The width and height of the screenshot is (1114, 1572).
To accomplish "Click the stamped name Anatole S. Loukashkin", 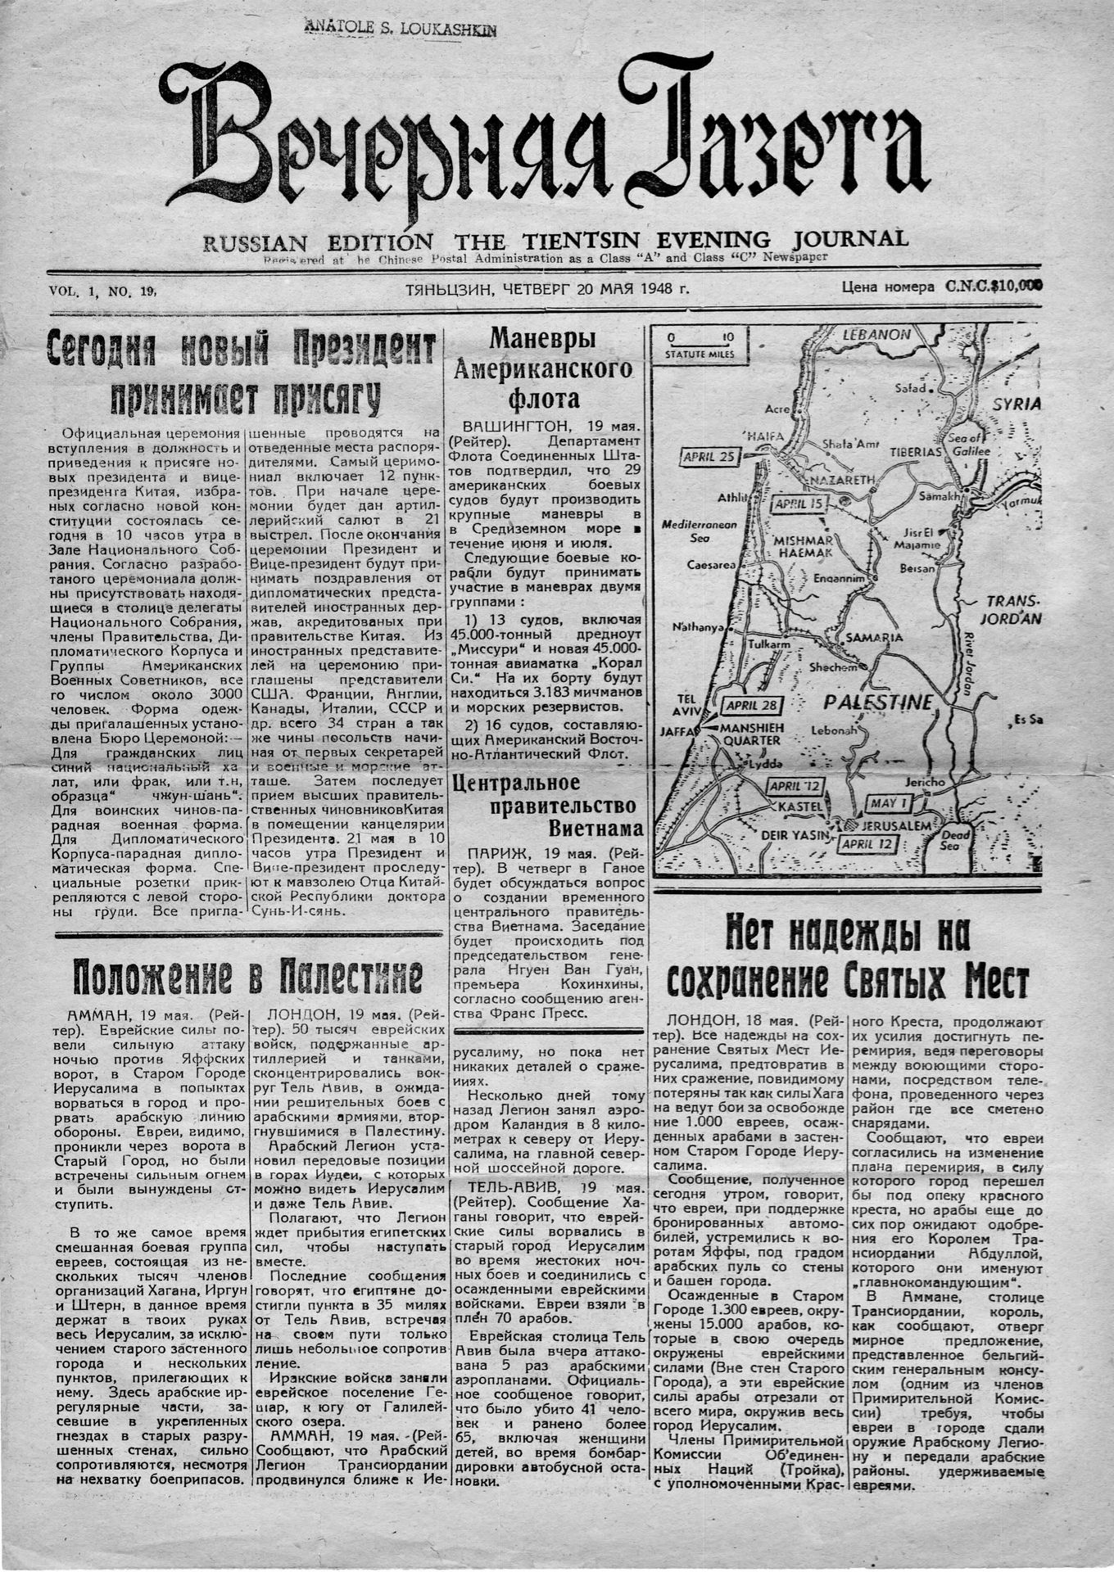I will pyautogui.click(x=401, y=27).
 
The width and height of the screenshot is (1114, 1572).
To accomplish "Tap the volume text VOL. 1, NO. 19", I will pyautogui.click(x=102, y=291).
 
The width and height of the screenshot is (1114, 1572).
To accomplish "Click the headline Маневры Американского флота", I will pyautogui.click(x=542, y=368).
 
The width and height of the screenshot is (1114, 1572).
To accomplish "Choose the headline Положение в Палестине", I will pyautogui.click(x=248, y=975).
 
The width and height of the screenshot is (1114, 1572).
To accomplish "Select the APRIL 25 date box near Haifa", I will pyautogui.click(x=709, y=457).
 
